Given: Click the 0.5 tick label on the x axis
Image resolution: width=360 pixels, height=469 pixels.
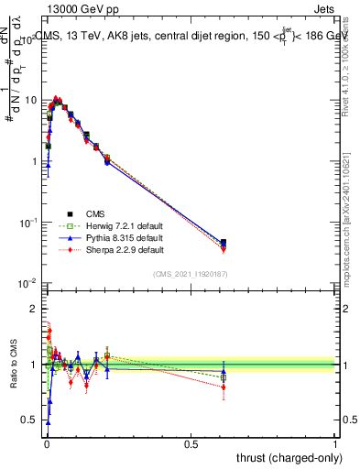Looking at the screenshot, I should point(191,443).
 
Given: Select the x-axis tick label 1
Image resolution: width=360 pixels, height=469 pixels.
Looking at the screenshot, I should point(336,443).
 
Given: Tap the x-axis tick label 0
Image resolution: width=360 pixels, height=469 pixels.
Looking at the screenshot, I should point(46,443).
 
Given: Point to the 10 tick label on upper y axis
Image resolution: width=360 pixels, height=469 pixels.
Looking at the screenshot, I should point(29,100).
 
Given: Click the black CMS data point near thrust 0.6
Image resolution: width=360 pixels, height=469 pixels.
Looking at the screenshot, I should point(224,243).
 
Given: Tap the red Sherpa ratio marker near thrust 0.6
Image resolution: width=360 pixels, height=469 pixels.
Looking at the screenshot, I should point(224,387).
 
